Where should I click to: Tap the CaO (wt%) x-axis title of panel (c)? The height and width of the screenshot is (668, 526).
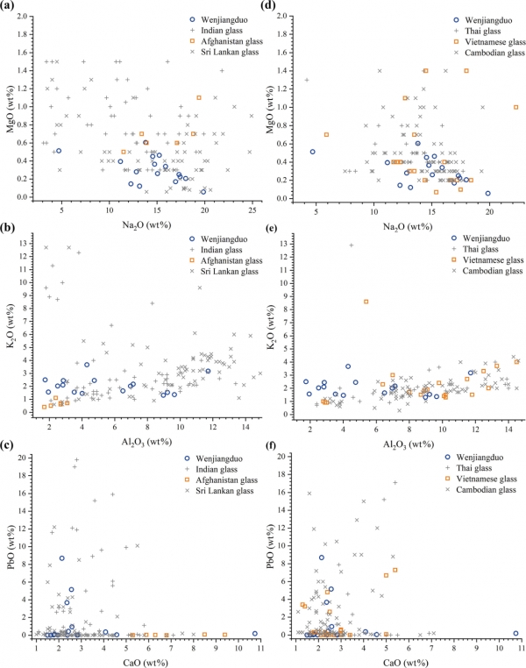pos(147,658)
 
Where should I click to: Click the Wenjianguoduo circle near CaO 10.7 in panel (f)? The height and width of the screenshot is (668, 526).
pos(515,633)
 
